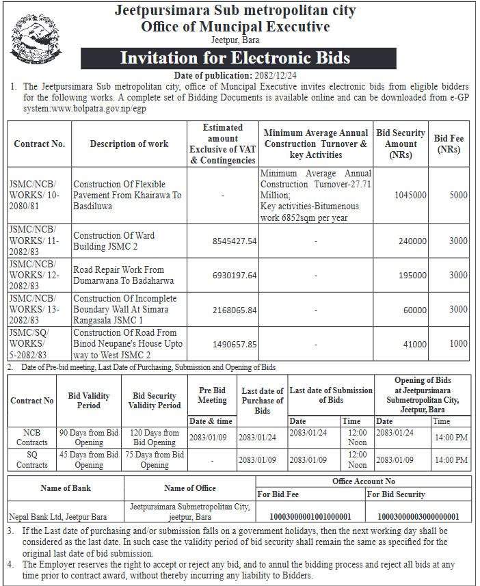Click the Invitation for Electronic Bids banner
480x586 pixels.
point(235,57)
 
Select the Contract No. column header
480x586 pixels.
point(40,144)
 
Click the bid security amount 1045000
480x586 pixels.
point(410,195)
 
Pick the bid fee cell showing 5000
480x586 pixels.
point(458,195)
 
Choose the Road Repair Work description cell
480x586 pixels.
point(123,275)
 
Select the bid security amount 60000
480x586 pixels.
point(414,310)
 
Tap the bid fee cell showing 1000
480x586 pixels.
point(458,344)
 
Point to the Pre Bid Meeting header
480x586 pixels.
point(212,395)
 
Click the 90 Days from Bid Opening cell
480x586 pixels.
point(89,438)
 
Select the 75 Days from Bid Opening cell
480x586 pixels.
point(155,460)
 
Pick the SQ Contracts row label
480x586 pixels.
point(31,460)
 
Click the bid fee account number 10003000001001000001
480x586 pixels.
point(310,516)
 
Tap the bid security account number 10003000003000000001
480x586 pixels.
point(418,516)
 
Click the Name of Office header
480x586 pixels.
point(190,488)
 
